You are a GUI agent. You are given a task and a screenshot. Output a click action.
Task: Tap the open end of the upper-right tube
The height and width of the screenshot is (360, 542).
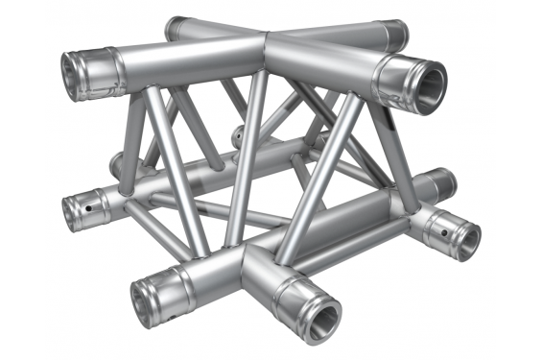point(423,84)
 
